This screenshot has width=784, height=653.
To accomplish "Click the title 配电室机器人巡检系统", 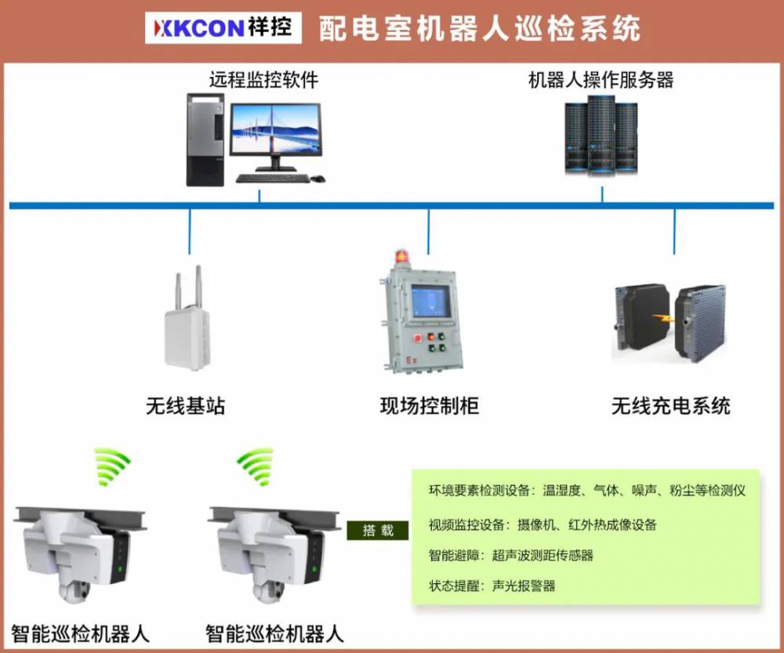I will point(479,28).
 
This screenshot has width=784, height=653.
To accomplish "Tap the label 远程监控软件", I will point(263,80).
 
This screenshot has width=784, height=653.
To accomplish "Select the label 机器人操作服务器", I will point(601,80).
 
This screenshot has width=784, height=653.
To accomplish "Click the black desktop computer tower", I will point(205,140).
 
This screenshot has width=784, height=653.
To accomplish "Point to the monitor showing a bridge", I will point(275,132).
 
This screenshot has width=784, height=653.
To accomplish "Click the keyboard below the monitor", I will point(270,178).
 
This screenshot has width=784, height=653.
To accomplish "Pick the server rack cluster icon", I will point(601,134).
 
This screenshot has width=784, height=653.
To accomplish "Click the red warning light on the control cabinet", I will point(402,256).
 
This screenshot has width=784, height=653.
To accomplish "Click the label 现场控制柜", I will point(429,406).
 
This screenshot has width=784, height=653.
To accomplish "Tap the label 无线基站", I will point(186,406).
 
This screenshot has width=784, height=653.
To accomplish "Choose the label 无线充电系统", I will point(671,406).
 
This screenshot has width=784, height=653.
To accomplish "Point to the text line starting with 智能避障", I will point(510,556).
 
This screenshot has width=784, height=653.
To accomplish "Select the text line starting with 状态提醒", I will point(492,586).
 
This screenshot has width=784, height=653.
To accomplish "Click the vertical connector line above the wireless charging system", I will point(674,232).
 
